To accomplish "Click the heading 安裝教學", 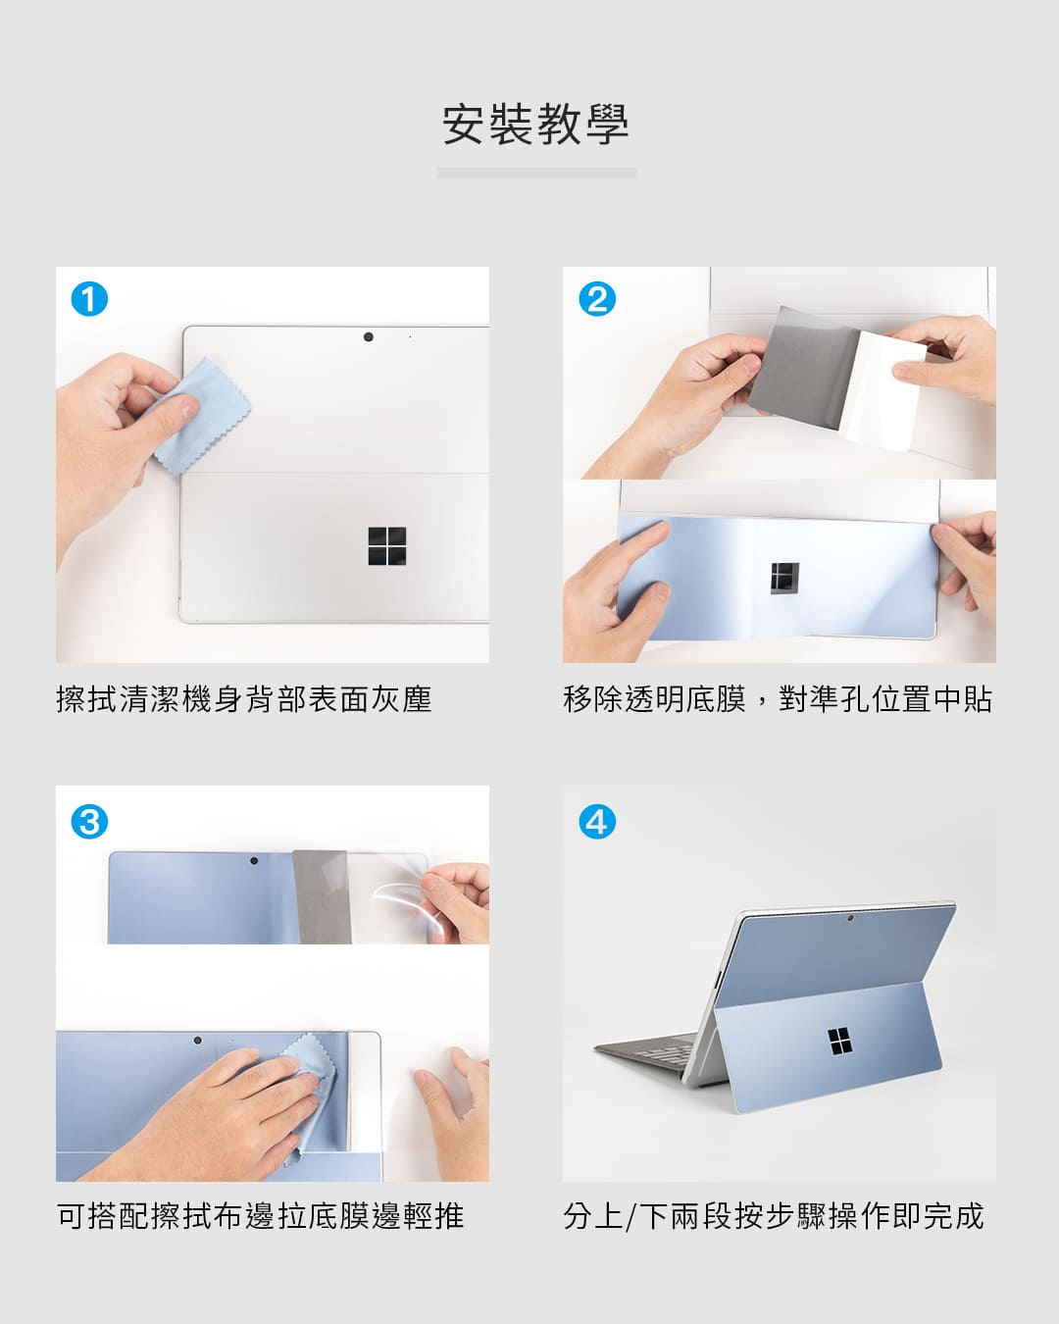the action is [x=535, y=125].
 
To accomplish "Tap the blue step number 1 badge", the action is [x=89, y=299].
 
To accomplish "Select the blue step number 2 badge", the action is [x=597, y=299].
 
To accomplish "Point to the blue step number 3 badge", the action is [x=89, y=821].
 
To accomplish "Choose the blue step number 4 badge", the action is [x=597, y=821].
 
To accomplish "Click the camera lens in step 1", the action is [x=368, y=336].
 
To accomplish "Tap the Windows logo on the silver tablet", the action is [x=387, y=545].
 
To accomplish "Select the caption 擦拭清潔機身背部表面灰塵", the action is [x=244, y=700].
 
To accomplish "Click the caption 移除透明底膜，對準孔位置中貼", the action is [x=778, y=700].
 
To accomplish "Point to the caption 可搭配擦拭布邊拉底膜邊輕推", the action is [x=260, y=1216].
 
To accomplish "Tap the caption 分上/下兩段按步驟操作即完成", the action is [x=774, y=1216].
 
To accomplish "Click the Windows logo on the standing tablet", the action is [x=836, y=1041].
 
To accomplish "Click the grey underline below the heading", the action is [x=536, y=173].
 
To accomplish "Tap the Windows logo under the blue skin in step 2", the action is [x=784, y=579].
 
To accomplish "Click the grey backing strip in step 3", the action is [x=322, y=896].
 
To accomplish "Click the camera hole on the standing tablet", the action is [x=850, y=918].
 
